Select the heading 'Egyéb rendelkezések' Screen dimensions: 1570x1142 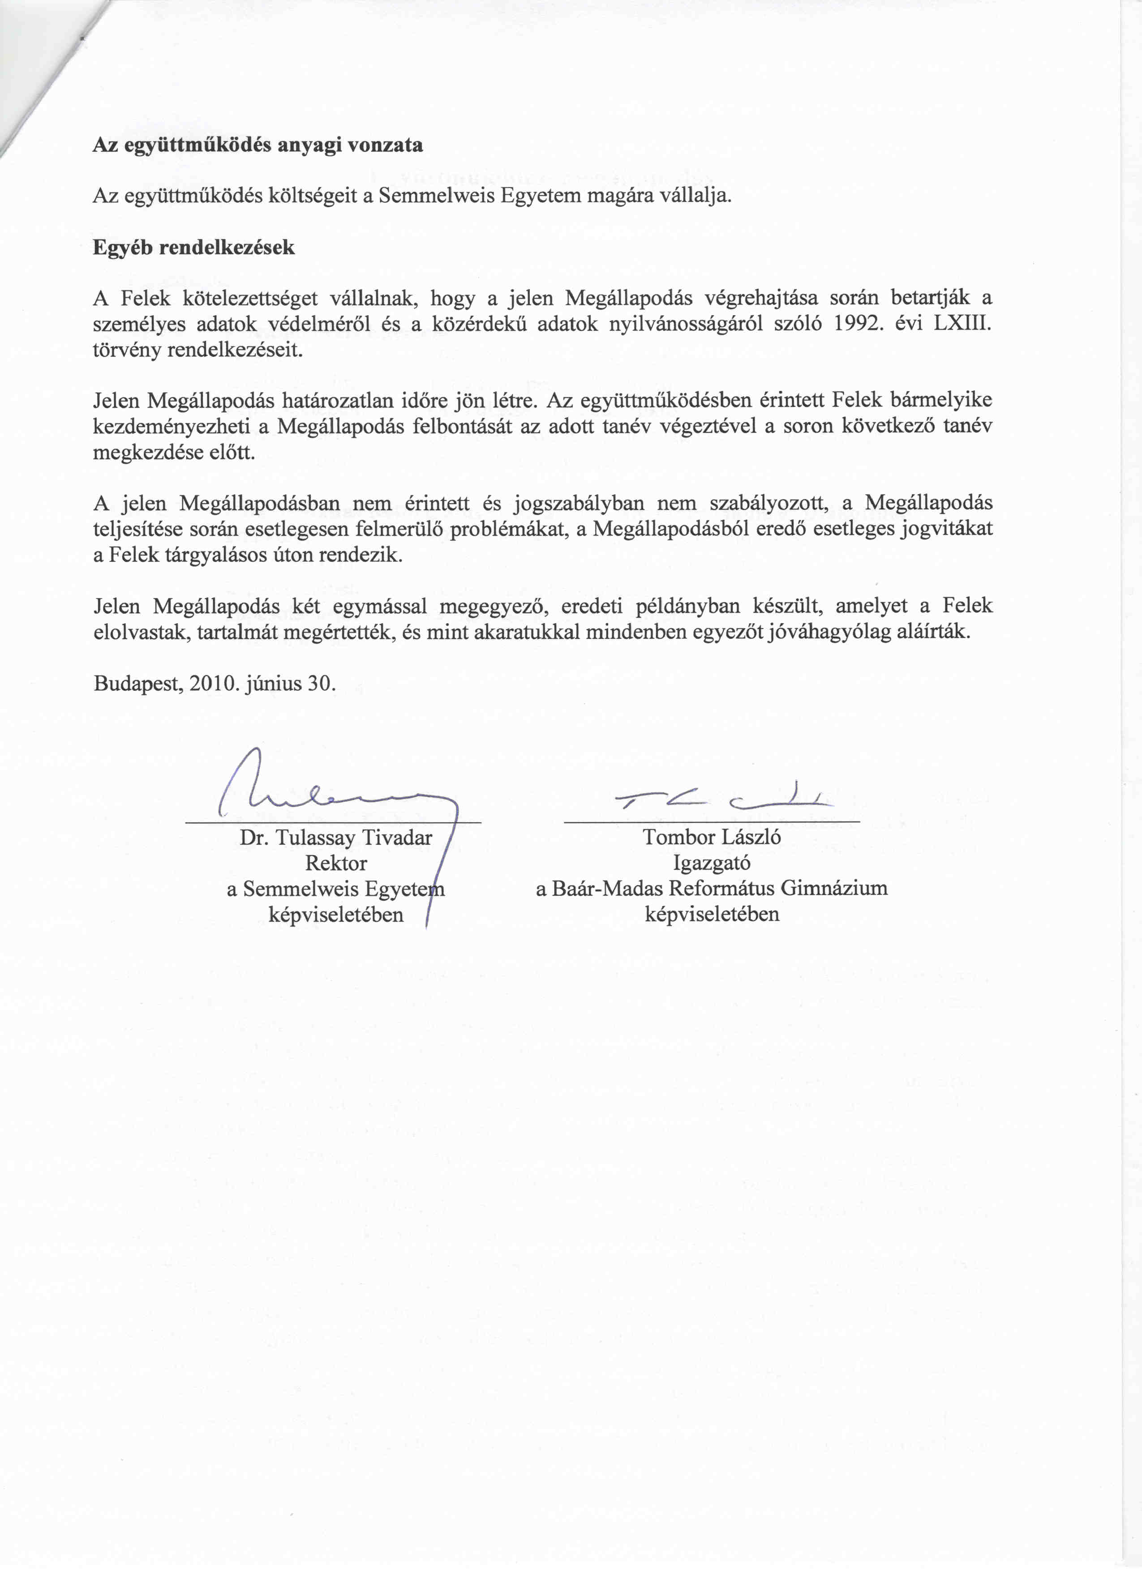click(x=194, y=248)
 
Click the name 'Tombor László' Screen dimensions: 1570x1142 click(x=712, y=838)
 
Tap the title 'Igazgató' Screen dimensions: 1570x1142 click(x=712, y=863)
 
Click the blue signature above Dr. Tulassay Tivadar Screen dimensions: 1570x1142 click(x=332, y=796)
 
